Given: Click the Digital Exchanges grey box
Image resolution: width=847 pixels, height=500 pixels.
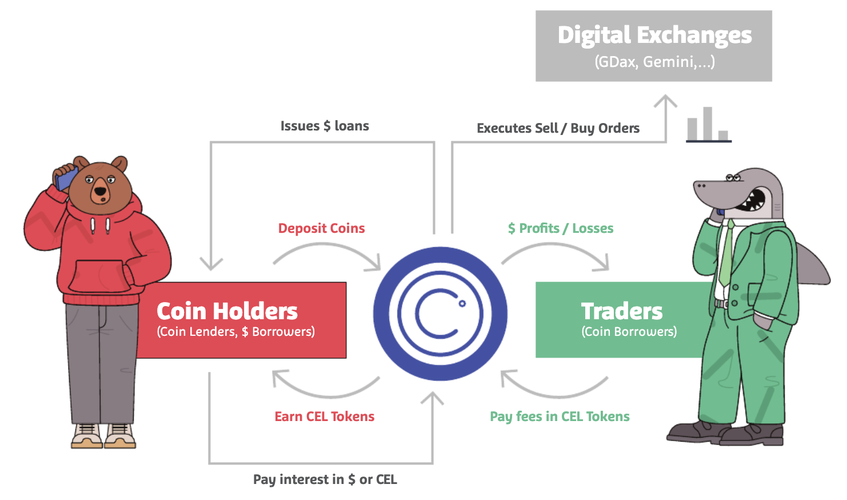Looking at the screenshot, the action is tap(653, 46).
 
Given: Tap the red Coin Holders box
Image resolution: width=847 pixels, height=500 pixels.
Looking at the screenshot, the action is tap(240, 320).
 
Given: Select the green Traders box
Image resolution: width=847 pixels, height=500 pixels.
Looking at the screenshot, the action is tap(620, 320).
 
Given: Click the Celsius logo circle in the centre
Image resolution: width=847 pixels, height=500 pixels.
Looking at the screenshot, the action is tap(440, 314).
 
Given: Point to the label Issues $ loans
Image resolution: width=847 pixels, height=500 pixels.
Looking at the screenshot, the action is tap(325, 126).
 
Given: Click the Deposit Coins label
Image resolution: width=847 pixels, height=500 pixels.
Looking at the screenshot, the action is tap(321, 228).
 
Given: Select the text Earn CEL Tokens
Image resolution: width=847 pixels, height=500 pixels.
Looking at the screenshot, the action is tap(325, 416).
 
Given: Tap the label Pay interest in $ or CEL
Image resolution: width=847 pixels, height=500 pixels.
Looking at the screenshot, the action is tap(325, 479).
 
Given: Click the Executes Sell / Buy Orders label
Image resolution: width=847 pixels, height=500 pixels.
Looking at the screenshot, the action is tap(558, 128).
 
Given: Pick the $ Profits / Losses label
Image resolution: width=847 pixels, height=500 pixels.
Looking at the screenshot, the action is tap(561, 228).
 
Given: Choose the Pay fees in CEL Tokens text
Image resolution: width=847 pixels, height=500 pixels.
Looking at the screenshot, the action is tap(560, 416).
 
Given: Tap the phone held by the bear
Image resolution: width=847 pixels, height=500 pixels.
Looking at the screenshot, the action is tap(66, 177).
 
